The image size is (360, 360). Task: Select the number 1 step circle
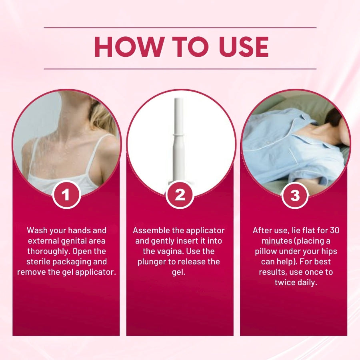[x=66, y=195]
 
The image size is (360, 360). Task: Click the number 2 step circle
[x=180, y=195]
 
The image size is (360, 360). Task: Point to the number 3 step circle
[x=294, y=195]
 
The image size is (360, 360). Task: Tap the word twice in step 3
[x=285, y=282]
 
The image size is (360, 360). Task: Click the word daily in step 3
[x=306, y=282]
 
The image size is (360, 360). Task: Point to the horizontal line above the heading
[x=180, y=28]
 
